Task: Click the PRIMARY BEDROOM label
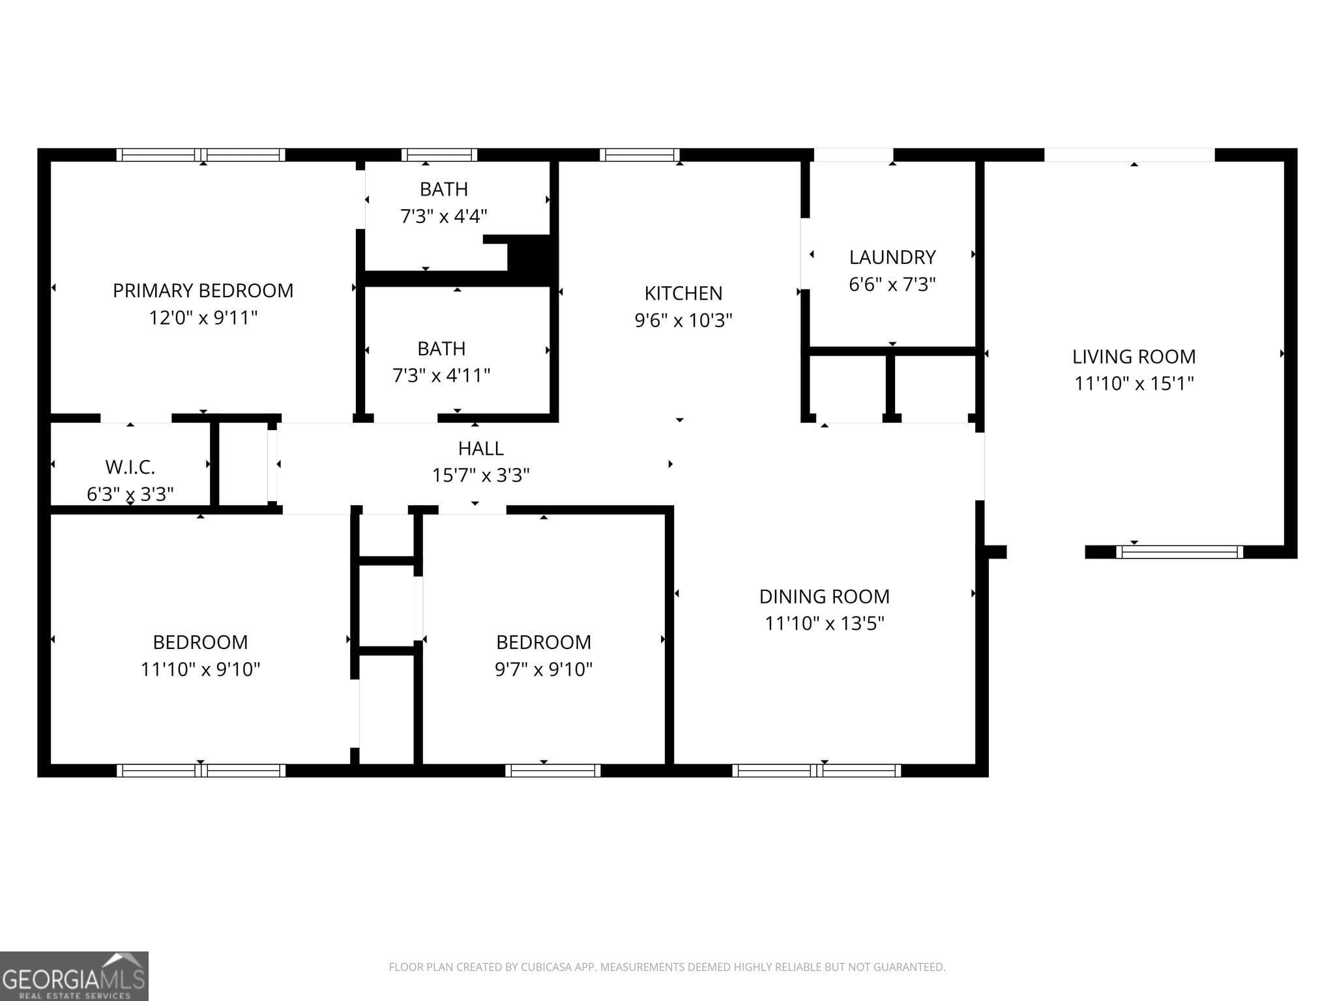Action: pos(203,291)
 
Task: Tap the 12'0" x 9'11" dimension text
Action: pos(203,318)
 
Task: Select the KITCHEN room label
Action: pos(683,293)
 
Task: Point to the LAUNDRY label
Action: pos(892,257)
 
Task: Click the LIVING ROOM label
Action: pos(1134,356)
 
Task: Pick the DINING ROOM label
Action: pos(824,596)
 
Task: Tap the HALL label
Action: pos(480,448)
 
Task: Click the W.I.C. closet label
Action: pos(130,467)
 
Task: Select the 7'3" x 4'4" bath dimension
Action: pos(443,216)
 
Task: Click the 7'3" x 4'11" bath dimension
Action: pos(441,375)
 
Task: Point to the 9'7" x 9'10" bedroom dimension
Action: pos(543,669)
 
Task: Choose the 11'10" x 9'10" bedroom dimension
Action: pos(200,669)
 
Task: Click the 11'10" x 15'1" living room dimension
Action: pos(1134,383)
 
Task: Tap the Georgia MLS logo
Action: pos(74,976)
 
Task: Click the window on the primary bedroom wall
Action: pos(201,155)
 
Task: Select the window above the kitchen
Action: pos(639,155)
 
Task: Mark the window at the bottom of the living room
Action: pos(1179,553)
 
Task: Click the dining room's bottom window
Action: pos(816,770)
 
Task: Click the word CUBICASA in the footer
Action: pos(547,967)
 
